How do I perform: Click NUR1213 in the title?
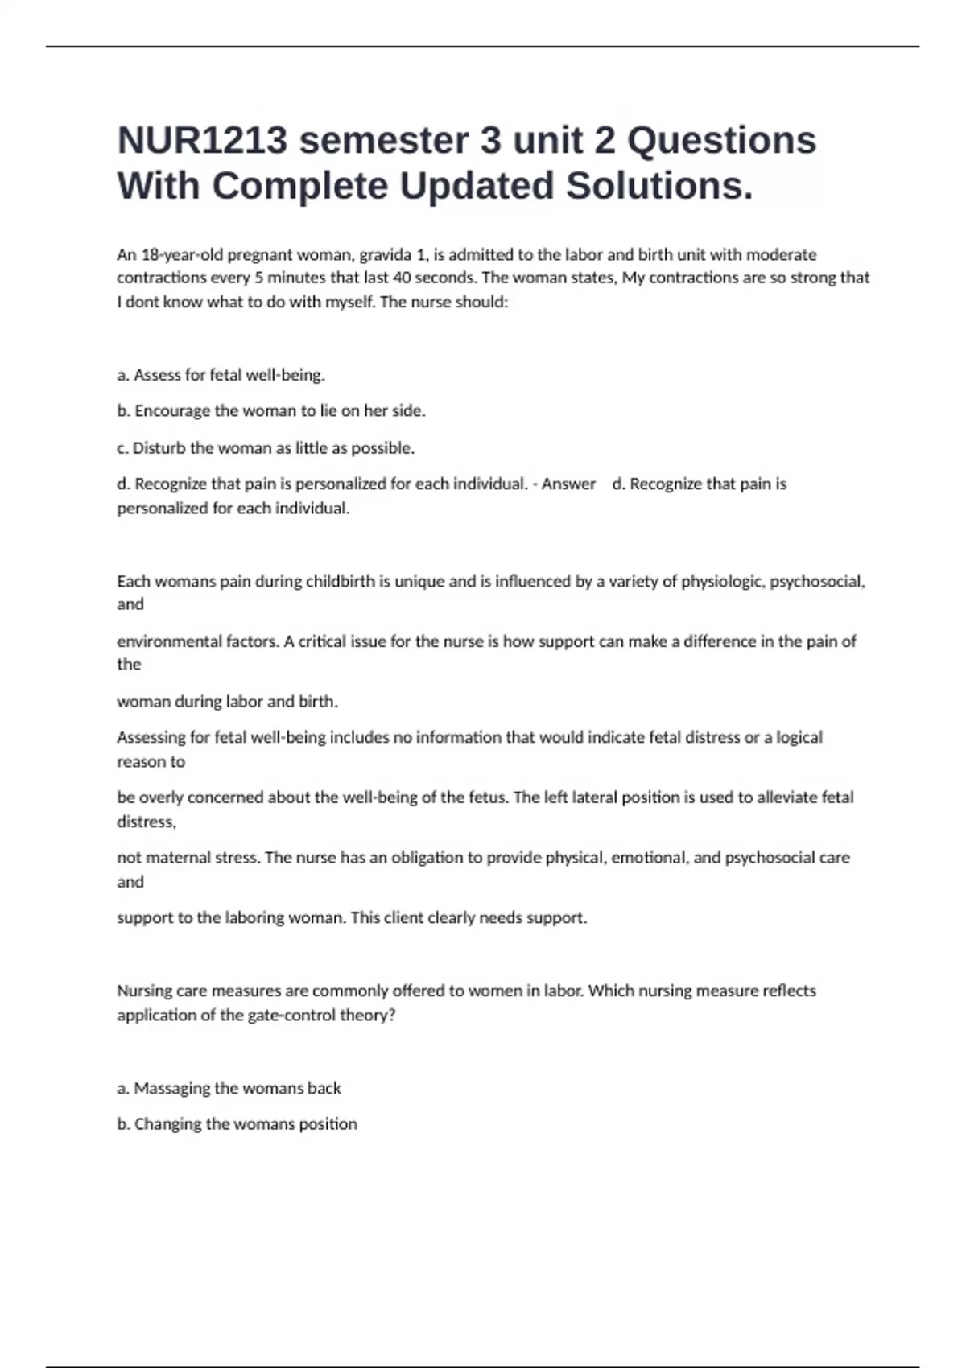(202, 141)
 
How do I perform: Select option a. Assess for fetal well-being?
(221, 375)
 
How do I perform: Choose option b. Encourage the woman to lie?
(271, 411)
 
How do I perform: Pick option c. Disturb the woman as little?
(266, 448)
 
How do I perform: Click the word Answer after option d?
(568, 484)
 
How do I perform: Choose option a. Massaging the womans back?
(229, 1088)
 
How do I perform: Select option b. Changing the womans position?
(237, 1124)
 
